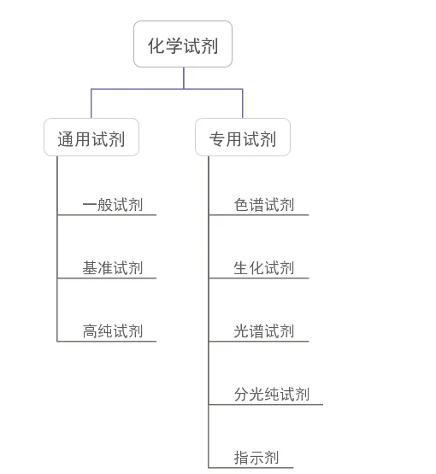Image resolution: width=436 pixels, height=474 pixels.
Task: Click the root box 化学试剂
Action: click(x=183, y=44)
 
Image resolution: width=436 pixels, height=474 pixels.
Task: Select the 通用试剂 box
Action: click(x=91, y=137)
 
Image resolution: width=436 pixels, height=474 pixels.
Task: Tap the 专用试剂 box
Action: click(x=243, y=137)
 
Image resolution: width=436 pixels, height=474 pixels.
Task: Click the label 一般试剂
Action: click(x=113, y=205)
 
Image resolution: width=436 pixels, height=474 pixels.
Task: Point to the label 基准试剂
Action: click(x=113, y=268)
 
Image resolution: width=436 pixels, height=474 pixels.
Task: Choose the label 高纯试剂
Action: click(x=113, y=331)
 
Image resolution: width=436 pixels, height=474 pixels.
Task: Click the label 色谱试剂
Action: click(x=264, y=205)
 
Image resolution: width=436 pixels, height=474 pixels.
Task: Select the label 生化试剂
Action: click(x=264, y=268)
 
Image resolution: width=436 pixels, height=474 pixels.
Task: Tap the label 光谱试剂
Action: click(x=264, y=331)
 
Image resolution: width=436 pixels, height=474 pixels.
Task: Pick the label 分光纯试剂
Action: click(x=272, y=395)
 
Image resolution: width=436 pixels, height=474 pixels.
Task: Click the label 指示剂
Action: click(x=256, y=458)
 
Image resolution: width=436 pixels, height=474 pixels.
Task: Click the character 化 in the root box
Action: click(x=156, y=46)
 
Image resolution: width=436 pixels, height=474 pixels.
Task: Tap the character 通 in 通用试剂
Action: click(x=66, y=139)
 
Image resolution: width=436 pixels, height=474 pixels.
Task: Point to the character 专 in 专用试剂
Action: click(x=217, y=139)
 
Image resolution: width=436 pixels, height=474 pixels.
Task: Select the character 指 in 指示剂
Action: click(x=241, y=458)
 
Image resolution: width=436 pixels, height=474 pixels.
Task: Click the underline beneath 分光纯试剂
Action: click(x=266, y=405)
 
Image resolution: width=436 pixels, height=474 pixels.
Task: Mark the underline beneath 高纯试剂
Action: click(x=107, y=342)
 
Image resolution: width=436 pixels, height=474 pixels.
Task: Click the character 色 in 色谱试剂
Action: click(x=241, y=205)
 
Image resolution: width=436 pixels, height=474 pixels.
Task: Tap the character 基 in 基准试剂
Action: click(x=90, y=268)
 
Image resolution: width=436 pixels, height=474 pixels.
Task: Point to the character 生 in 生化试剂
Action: click(x=241, y=268)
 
